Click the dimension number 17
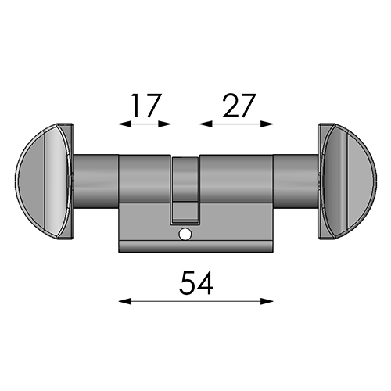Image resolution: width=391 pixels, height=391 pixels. click(x=146, y=105)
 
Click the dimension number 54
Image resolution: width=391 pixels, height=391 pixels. click(x=196, y=282)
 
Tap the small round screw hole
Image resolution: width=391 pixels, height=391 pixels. click(x=185, y=235)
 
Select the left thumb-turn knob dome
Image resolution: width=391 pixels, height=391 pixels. click(x=43, y=181)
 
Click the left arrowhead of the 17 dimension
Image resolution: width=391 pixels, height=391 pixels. click(x=124, y=124)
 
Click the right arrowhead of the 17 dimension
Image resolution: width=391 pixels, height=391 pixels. click(x=165, y=124)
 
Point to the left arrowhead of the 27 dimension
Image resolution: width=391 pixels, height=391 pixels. click(x=206, y=124)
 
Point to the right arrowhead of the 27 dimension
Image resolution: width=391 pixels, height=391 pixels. click(x=267, y=124)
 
